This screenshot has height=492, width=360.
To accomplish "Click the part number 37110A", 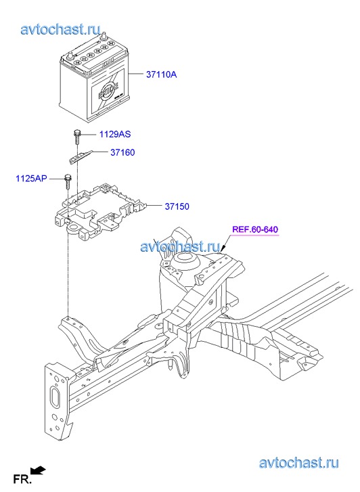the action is [x=161, y=74].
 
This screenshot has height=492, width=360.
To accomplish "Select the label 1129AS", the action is [x=115, y=134].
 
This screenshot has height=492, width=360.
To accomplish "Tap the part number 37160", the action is [x=122, y=152].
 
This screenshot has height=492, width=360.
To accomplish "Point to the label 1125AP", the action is [x=31, y=179].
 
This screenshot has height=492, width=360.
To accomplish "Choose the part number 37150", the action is [x=177, y=206].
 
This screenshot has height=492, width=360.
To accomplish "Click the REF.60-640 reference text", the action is [x=255, y=229].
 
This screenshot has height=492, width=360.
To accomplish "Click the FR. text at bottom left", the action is [x=22, y=479].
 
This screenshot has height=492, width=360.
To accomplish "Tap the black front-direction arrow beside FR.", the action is [x=39, y=470].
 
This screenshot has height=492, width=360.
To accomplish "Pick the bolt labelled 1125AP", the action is [x=68, y=181].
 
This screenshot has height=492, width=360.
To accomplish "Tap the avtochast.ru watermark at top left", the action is [x=61, y=29].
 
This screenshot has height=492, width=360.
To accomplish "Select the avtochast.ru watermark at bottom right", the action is [x=299, y=463].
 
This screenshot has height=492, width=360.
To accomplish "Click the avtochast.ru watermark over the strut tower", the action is [x=180, y=246].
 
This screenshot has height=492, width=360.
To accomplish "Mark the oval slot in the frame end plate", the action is [x=55, y=398].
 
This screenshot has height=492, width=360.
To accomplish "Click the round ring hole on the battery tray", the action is [x=74, y=227].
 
